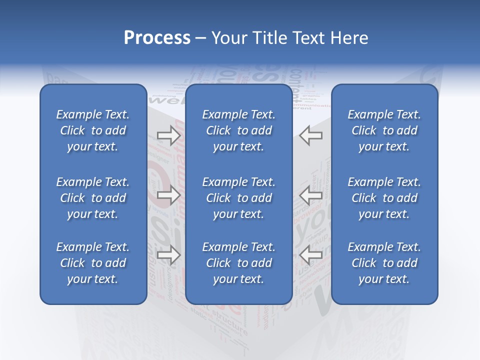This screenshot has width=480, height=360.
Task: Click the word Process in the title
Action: [x=157, y=38]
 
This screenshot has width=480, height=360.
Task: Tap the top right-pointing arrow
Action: [x=168, y=135]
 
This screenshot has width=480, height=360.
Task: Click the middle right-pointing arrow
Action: [x=168, y=195]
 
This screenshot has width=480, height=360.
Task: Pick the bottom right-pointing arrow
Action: [x=168, y=255]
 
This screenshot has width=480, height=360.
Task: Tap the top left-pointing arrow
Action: [x=311, y=135]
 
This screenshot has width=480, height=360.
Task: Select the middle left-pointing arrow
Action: [x=311, y=195]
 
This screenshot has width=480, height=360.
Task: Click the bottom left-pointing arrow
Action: [x=311, y=255]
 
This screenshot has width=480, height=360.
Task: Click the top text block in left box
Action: [x=93, y=130]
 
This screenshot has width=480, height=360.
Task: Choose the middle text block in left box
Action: [x=93, y=198]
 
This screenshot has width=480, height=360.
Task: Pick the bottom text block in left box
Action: [x=93, y=263]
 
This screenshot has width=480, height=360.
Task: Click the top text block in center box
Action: [x=239, y=130]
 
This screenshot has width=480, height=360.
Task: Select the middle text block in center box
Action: [x=239, y=198]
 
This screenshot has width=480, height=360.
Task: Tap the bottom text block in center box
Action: [x=239, y=263]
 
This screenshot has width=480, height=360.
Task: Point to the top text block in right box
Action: [x=384, y=130]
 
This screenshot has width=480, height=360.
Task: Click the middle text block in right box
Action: [x=384, y=198]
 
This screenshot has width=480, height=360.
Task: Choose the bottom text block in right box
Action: [x=384, y=263]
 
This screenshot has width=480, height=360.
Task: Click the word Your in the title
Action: [x=228, y=38]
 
